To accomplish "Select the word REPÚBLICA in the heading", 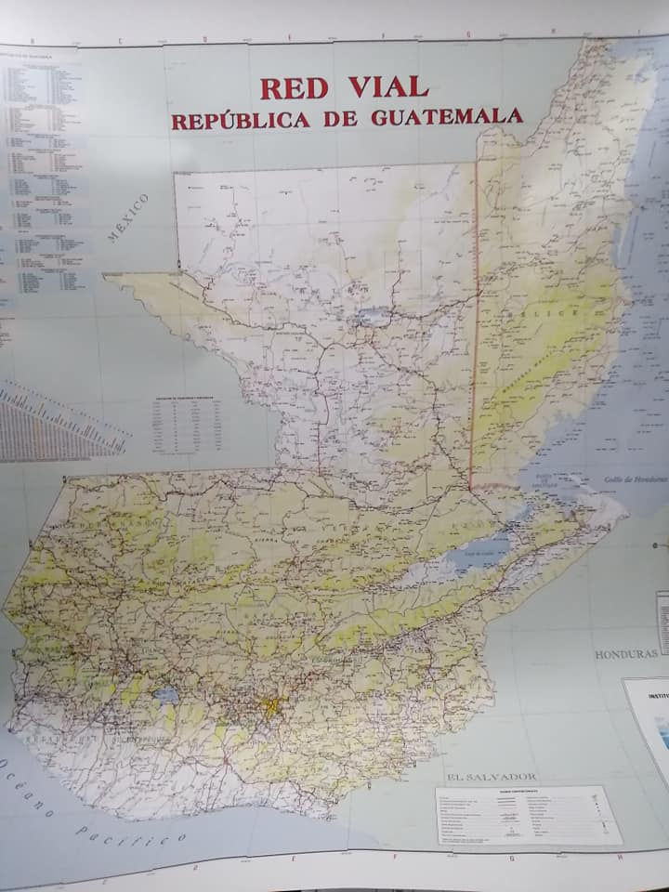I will tap(241, 121).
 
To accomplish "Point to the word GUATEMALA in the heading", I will tap(447, 118).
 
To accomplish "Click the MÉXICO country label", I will tap(127, 218).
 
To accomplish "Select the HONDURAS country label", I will tap(626, 654).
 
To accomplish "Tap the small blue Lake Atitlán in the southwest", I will tap(168, 695).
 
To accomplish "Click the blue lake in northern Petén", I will tap(372, 316).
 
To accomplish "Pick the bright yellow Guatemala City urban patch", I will tap(270, 707).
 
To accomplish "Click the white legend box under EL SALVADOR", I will tap(528, 815).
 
